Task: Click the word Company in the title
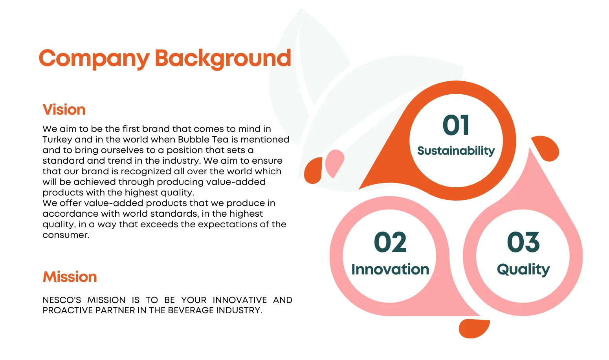[94, 58]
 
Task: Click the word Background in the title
[223, 58]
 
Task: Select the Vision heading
[64, 110]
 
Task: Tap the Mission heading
[70, 277]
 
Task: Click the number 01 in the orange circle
[456, 125]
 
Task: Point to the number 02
[390, 242]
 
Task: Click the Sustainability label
[456, 151]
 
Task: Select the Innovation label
[390, 269]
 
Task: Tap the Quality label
[523, 270]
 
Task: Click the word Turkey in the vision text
[57, 140]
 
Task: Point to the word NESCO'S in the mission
[62, 300]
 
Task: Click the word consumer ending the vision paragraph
[66, 235]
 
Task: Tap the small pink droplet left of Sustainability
[335, 163]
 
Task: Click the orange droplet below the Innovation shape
[474, 329]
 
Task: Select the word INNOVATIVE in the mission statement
[240, 300]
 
